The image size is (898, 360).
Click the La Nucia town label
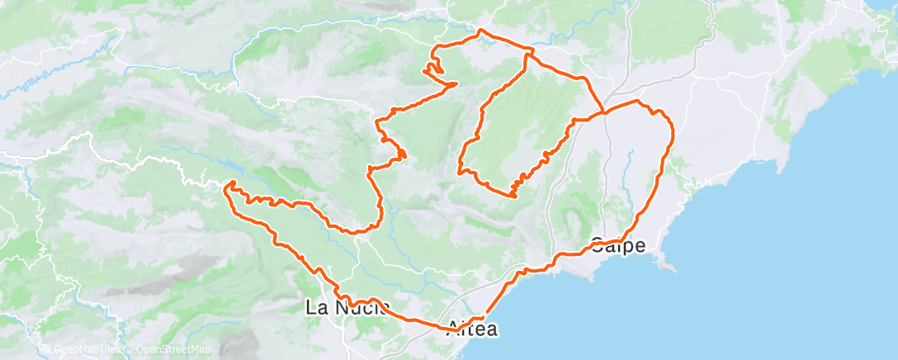(x=347, y=309)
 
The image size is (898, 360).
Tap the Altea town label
(x=471, y=329)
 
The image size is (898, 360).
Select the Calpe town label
(x=618, y=245)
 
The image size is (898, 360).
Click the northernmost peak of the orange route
(x=480, y=31)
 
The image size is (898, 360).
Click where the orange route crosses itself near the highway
(x=605, y=111)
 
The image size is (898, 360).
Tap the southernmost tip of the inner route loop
(x=513, y=197)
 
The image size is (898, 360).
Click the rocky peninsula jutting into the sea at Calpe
(x=669, y=265)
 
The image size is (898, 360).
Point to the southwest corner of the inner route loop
(x=461, y=172)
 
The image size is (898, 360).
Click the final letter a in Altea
(x=492, y=329)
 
